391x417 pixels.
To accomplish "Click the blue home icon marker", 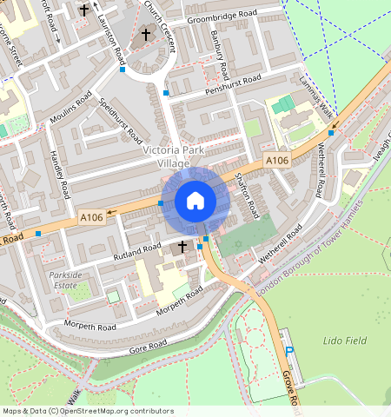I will pos(195,202).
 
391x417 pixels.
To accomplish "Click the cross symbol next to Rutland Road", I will pos(182,248).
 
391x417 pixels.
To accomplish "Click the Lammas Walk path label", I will pos(315,105).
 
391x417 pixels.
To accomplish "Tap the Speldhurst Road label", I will pos(121,122).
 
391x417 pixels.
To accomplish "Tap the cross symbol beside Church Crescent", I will pos(145,35).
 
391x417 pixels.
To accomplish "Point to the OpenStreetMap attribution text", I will pos(88,411).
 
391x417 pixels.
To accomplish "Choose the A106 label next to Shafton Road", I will pos(277,161).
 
